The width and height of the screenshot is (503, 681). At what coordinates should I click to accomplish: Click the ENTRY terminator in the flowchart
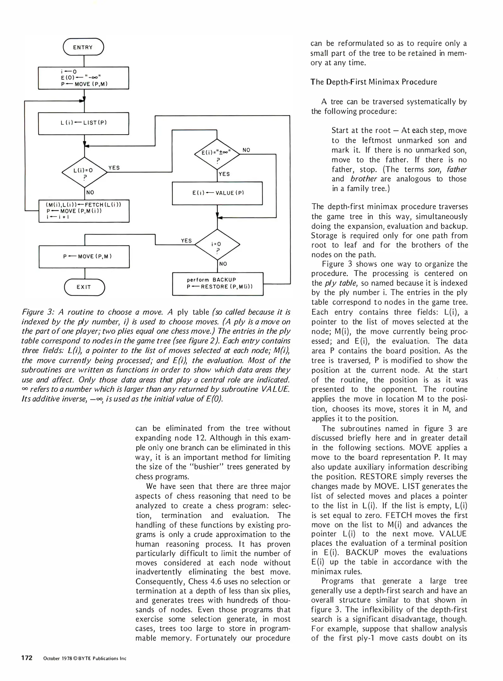pyautogui.click(x=83, y=47)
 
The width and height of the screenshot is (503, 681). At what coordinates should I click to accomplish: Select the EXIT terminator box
pyautogui.click(x=84, y=287)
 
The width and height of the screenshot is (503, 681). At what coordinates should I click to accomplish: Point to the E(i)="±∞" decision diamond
pyautogui.click(x=217, y=154)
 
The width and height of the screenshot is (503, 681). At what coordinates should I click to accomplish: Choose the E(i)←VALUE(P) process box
pyautogui.click(x=217, y=193)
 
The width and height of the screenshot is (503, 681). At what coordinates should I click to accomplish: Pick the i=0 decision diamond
pyautogui.click(x=217, y=244)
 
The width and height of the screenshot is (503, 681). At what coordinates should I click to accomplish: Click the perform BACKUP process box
pyautogui.click(x=218, y=283)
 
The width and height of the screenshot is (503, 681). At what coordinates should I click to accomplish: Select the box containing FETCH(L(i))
pyautogui.click(x=84, y=211)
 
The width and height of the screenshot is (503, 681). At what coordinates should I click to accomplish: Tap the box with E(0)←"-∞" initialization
pyautogui.click(x=84, y=78)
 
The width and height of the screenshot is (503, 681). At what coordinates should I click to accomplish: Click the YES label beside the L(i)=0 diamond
pyautogui.click(x=114, y=168)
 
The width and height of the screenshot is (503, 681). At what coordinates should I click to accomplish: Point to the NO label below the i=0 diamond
pyautogui.click(x=223, y=264)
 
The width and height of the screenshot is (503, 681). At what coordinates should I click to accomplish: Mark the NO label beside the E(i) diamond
pyautogui.click(x=246, y=150)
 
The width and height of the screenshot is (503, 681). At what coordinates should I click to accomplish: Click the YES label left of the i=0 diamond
pyautogui.click(x=186, y=241)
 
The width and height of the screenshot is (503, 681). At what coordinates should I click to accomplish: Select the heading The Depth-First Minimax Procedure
pyautogui.click(x=374, y=82)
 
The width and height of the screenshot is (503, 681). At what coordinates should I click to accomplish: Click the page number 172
pyautogui.click(x=27, y=658)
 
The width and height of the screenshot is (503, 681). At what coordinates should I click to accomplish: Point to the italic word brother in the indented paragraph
pyautogui.click(x=364, y=179)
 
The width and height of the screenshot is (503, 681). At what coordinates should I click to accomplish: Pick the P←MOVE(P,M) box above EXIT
pyautogui.click(x=84, y=257)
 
